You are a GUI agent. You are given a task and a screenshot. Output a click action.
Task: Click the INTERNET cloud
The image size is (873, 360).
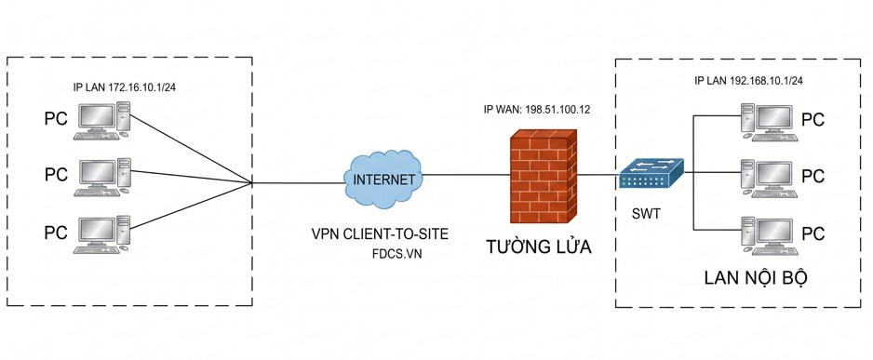pos(383,180)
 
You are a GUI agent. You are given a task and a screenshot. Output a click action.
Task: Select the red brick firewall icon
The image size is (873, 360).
pos(543,177)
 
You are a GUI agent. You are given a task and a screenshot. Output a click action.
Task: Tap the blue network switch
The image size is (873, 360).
pos(651,174)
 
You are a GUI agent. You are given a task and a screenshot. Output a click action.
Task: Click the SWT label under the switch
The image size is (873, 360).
pos(647,214)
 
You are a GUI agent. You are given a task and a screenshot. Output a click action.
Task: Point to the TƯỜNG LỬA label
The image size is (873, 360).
pos(539,247)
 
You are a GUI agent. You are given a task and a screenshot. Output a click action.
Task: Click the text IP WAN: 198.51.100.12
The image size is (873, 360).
pos(536,109)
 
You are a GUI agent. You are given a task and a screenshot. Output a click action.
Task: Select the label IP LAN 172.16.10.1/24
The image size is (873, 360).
pos(128,87)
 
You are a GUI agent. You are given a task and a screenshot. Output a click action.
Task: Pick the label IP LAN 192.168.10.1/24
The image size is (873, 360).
pos(748,81)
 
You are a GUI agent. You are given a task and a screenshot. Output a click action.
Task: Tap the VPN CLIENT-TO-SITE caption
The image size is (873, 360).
pos(379,234)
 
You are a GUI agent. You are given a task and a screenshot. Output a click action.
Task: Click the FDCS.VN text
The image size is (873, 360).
pos(397,254)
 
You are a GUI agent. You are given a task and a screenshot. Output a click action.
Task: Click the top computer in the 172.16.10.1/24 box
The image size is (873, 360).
pos(102,120)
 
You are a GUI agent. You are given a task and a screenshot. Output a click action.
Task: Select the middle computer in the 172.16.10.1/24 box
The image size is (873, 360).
pos(102,178)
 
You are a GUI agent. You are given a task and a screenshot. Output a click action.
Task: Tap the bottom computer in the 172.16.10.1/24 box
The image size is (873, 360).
pos(102,234)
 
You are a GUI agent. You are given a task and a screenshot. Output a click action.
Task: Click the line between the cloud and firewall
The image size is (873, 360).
pos(466,175)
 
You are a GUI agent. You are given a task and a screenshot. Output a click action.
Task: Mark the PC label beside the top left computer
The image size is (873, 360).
pos(56,118)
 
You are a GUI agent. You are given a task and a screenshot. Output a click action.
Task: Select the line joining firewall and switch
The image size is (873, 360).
pos(598,176)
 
